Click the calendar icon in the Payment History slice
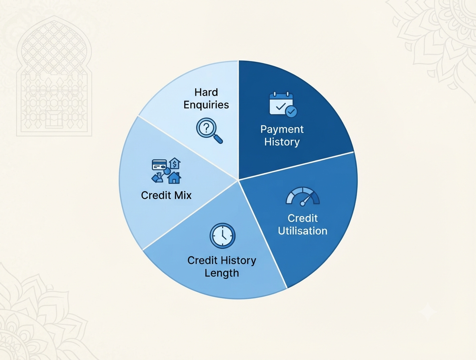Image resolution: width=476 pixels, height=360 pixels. [283, 104]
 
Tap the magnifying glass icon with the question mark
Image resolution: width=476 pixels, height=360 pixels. [209, 131]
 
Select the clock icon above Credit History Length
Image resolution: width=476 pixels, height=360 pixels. [222, 236]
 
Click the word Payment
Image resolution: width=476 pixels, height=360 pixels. [282, 129]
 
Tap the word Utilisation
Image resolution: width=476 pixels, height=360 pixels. [303, 231]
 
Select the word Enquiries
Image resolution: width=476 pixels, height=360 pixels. [206, 105]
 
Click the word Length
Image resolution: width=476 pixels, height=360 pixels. [222, 273]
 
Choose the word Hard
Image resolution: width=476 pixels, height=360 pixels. [206, 92]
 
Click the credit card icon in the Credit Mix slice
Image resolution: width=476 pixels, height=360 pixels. [159, 165]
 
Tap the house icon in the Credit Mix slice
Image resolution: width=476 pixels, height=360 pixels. [174, 178]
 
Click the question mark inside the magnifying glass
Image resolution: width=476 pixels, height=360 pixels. [206, 128]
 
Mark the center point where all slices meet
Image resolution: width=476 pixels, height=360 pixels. [238, 180]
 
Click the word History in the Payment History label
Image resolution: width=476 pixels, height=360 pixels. [282, 142]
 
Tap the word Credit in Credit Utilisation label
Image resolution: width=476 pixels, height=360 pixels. [303, 218]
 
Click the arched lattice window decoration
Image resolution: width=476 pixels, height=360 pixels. [54, 76]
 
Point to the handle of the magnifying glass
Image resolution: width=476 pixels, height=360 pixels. [218, 139]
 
